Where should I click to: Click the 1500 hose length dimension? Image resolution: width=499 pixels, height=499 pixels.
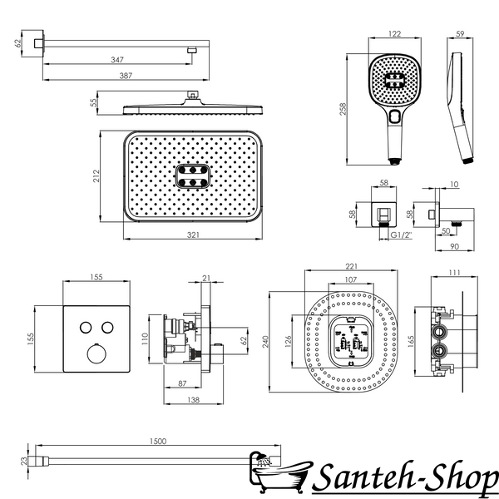click(158, 441)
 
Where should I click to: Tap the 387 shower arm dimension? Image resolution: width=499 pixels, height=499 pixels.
click(126, 76)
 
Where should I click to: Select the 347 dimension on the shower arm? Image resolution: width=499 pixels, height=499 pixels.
click(117, 60)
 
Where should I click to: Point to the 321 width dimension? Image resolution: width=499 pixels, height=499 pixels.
click(193, 235)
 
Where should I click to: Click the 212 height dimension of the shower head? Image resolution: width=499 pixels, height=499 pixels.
click(96, 176)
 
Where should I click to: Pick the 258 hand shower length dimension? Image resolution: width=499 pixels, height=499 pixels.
click(343, 109)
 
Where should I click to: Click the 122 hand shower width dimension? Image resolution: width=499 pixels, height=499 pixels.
click(394, 34)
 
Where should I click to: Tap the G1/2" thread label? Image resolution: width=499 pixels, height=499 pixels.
click(402, 235)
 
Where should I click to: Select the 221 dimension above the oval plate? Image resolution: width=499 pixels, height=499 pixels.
click(351, 266)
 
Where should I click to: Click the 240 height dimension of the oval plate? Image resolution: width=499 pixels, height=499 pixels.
click(265, 342)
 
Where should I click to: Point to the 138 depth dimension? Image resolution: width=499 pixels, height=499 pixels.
click(193, 400)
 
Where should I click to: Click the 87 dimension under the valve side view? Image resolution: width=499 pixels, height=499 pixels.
click(182, 383)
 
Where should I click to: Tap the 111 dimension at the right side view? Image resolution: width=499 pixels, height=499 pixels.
click(454, 273)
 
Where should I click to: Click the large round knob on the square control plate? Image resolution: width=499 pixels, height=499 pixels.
click(96, 353)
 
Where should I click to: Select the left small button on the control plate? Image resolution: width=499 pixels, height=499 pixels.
click(86, 328)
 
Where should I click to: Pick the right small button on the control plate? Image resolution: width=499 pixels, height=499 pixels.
click(107, 328)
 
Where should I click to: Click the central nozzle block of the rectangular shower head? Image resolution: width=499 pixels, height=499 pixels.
click(193, 176)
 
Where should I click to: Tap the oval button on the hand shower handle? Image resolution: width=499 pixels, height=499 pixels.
click(395, 116)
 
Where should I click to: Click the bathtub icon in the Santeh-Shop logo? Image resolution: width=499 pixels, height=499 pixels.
click(278, 472)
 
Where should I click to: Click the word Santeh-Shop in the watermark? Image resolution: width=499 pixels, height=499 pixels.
click(405, 478)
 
